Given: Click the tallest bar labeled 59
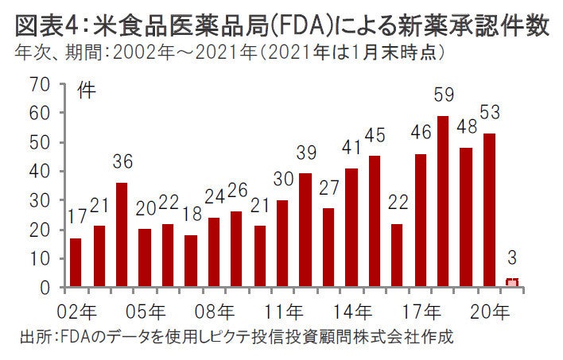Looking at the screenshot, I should click(443, 202).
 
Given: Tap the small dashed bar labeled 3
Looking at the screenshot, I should click(512, 283).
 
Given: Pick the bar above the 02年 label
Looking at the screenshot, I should click(76, 262).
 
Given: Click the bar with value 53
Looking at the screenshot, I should click(489, 211).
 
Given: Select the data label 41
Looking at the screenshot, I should click(351, 149).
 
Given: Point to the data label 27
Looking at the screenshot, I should click(329, 189).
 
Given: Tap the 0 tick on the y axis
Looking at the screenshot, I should click(47, 288).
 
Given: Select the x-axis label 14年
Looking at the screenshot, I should click(351, 310).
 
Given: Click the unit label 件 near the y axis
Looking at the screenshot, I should click(86, 89).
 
